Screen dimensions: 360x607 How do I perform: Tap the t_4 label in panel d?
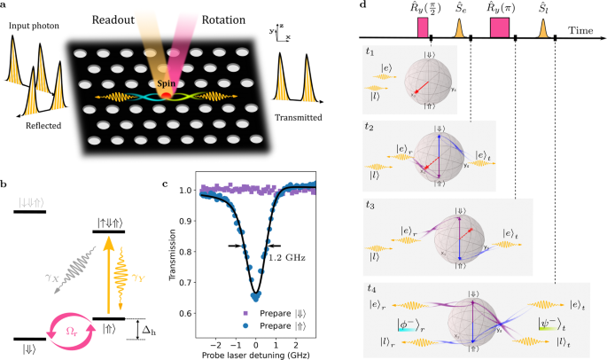[373, 288]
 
